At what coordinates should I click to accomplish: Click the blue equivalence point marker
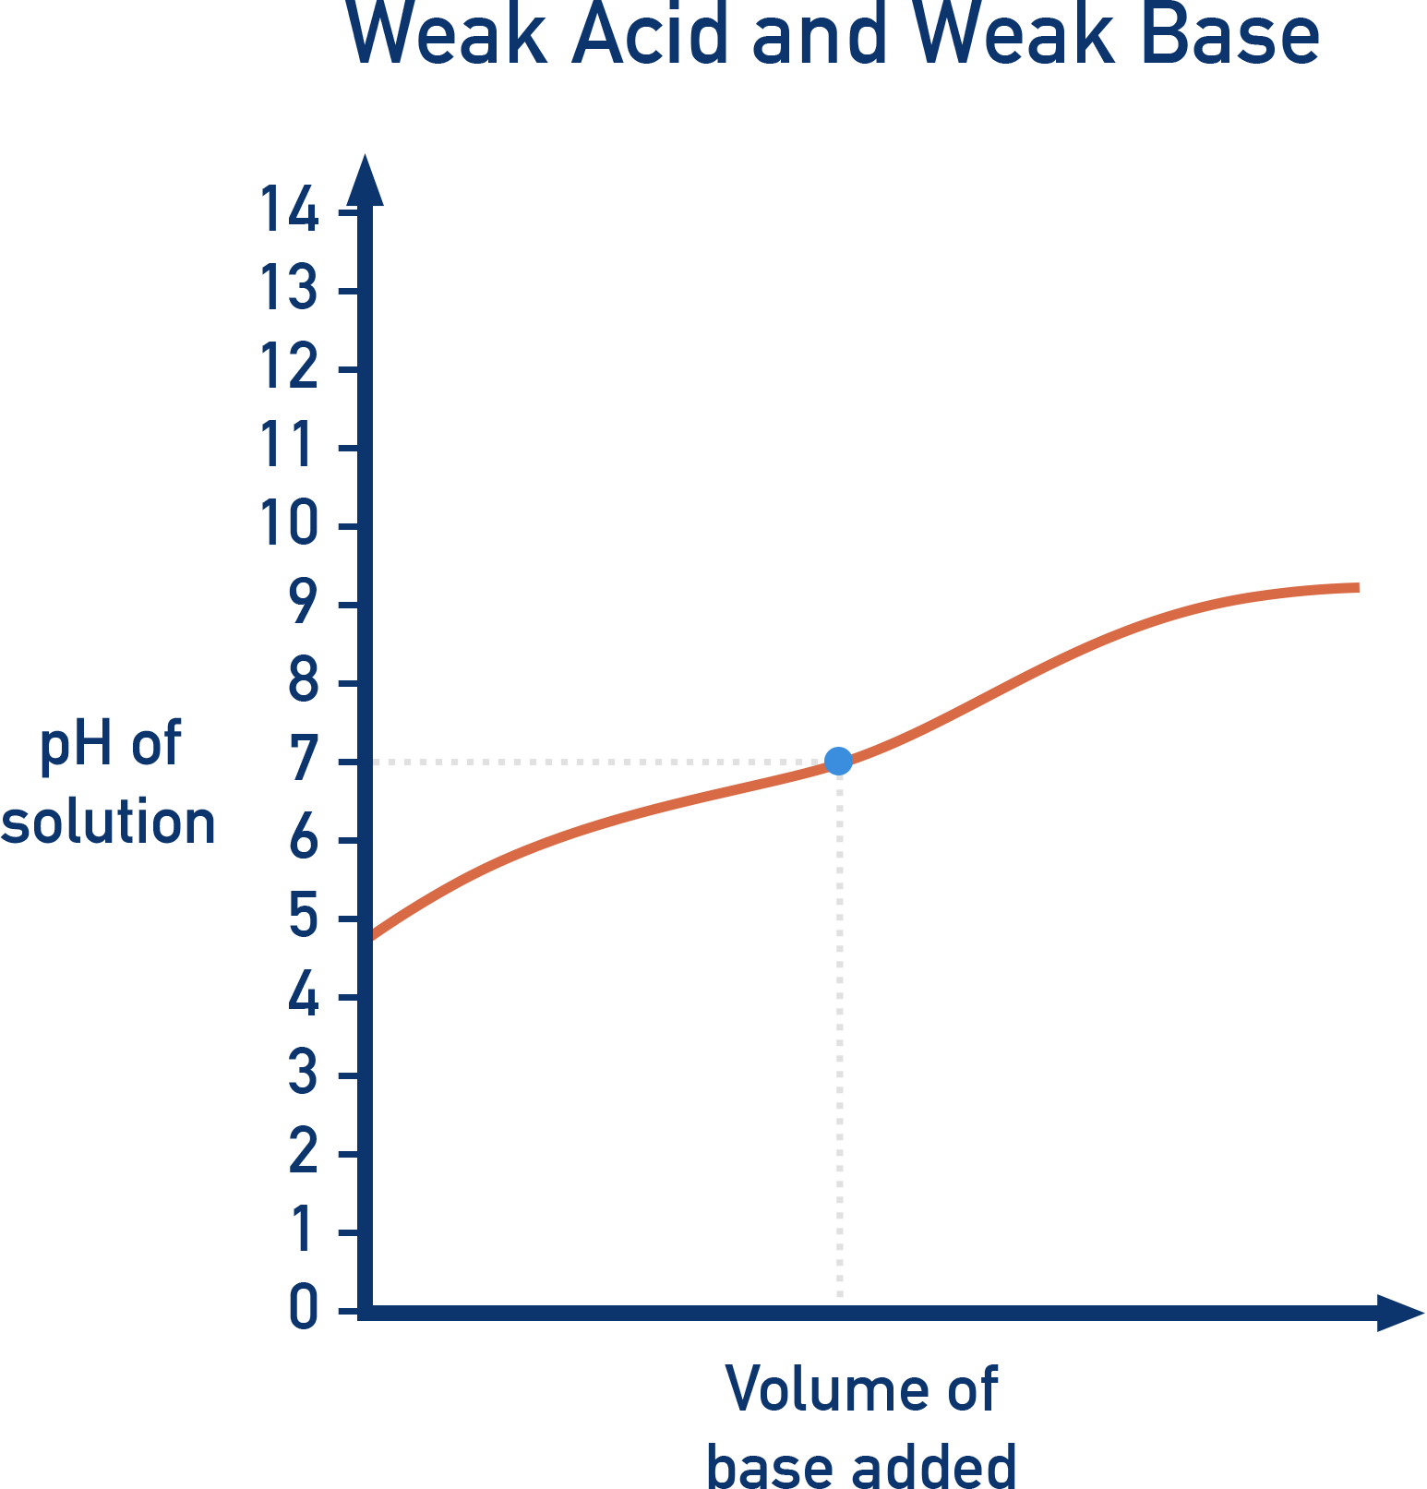coord(838,762)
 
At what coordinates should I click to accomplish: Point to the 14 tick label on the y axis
coord(289,210)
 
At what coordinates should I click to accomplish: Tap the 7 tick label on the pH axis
coord(304,761)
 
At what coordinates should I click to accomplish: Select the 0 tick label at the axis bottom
coord(304,1308)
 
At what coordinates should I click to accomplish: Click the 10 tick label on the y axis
coord(289,524)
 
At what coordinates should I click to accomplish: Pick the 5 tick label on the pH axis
coord(304,918)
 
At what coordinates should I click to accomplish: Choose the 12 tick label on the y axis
coord(289,367)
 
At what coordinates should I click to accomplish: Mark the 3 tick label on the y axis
coord(304,1075)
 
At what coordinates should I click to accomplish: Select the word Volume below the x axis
coord(827,1389)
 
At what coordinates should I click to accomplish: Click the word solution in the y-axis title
coord(108,823)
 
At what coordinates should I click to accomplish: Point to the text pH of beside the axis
coord(110,743)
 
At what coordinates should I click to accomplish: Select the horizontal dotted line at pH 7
coord(600,763)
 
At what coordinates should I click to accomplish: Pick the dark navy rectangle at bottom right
coord(1185,1217)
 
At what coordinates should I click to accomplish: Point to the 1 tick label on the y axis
coord(304,1231)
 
